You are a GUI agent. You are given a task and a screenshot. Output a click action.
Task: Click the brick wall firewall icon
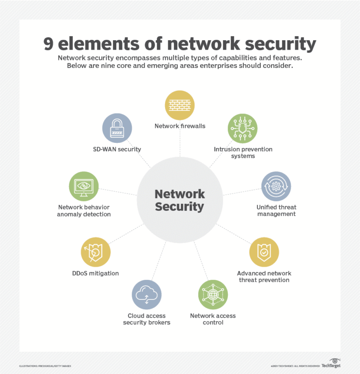coord(180,105)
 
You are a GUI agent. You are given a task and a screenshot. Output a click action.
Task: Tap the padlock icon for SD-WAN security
coord(117,128)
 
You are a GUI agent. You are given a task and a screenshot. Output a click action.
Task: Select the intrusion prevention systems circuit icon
coord(242,128)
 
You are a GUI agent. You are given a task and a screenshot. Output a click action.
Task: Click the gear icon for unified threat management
coord(276,186)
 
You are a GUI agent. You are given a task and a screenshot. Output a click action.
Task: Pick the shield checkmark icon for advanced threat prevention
coord(264,252)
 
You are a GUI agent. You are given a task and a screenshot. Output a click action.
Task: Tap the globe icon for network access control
coord(213,295)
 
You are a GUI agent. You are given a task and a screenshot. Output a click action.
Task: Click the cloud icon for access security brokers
coord(147,295)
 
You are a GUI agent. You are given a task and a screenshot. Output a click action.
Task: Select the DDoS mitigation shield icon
coord(96,252)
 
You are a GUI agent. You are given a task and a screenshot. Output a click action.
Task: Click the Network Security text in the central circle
coord(180,200)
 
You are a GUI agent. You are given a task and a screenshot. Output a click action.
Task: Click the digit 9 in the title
coord(49,44)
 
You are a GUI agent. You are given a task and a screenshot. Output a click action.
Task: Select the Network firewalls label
coord(180,126)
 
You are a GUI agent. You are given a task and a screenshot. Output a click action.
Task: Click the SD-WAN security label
coord(117,150)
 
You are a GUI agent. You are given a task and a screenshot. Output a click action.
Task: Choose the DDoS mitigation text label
coord(96,273)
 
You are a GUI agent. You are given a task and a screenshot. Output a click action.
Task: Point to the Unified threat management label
coord(276,210)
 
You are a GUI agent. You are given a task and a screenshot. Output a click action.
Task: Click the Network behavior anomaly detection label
coord(84,210)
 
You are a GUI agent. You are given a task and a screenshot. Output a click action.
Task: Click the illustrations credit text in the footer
coord(45,366)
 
